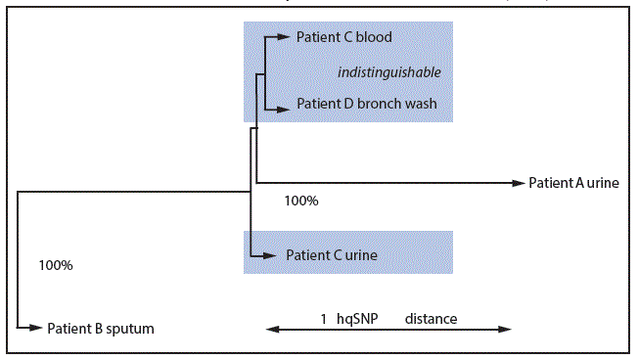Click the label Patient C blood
343,37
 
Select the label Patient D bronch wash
366,104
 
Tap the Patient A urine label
573,182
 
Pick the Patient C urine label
332,255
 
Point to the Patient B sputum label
101,329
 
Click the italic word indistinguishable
389,72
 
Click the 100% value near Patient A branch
300,201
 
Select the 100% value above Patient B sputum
55,265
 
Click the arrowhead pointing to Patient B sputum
37,329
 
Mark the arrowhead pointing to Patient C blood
286,37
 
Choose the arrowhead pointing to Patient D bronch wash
286,104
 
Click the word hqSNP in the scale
359,319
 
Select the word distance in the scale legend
431,319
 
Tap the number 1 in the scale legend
323,319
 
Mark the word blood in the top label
374,37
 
